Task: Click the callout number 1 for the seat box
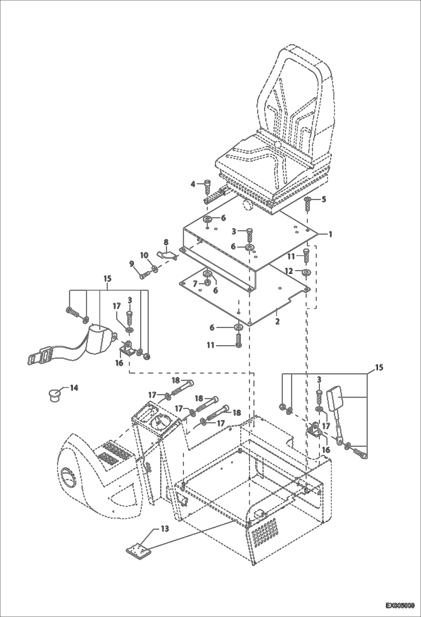(331, 234)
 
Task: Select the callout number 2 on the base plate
(277, 321)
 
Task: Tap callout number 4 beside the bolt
(193, 184)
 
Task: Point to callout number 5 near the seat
(324, 199)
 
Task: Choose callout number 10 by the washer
(144, 255)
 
